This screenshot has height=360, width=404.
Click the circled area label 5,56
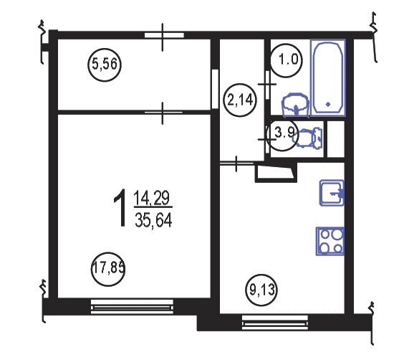pos(105,65)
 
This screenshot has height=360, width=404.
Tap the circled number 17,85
pos(108,269)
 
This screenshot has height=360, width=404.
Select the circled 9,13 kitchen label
pos(261,290)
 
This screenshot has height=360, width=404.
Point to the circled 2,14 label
pos(240,100)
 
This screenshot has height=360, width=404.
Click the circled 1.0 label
pos(287,60)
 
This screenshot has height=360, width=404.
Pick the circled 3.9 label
pos(283,136)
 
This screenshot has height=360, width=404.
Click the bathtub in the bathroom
pos(328,77)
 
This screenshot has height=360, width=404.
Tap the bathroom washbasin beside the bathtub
pos(296,105)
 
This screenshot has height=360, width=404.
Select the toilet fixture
pos(308,138)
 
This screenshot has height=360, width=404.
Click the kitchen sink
pos(332,193)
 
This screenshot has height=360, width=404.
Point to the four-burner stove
pos(330,241)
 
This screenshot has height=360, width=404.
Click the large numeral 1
pos(120,207)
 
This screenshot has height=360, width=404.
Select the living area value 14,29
pos(152,198)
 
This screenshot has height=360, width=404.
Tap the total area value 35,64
pos(153,220)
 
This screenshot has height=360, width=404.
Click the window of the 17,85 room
pos(132,306)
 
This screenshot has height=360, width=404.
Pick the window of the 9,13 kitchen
pos(275,322)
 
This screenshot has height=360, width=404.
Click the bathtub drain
pos(328,104)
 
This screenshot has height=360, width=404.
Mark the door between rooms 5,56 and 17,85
pos(163,113)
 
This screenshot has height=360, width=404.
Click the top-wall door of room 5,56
pos(163,36)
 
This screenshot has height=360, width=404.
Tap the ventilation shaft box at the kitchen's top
pos(276,173)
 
